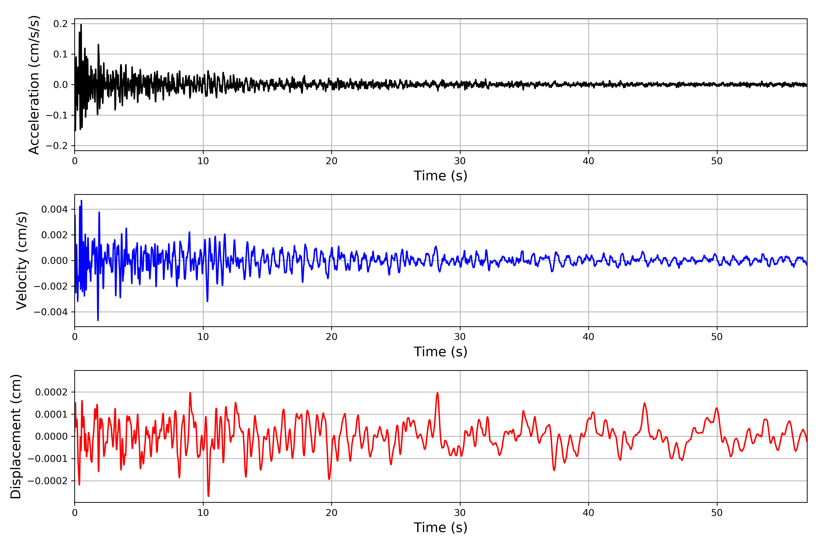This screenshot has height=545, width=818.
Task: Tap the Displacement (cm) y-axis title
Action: click(16, 436)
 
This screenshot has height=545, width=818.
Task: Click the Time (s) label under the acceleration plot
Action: click(440, 176)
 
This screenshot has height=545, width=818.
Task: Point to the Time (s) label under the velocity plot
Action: click(440, 352)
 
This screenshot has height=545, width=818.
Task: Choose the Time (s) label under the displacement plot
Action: click(440, 528)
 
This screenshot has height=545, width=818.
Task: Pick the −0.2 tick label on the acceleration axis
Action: click(57, 146)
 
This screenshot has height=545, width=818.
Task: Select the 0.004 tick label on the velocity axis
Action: click(55, 209)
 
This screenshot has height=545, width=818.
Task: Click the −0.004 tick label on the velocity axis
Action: click(51, 312)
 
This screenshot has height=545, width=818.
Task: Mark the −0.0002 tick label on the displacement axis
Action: click(48, 481)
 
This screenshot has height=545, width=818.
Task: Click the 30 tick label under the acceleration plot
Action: click(460, 161)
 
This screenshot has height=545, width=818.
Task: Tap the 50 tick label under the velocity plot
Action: click(717, 337)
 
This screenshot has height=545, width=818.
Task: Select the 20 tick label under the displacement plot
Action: click(332, 513)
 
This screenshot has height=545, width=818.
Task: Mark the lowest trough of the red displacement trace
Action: click(208, 496)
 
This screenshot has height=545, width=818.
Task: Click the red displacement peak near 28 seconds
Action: click(438, 393)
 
